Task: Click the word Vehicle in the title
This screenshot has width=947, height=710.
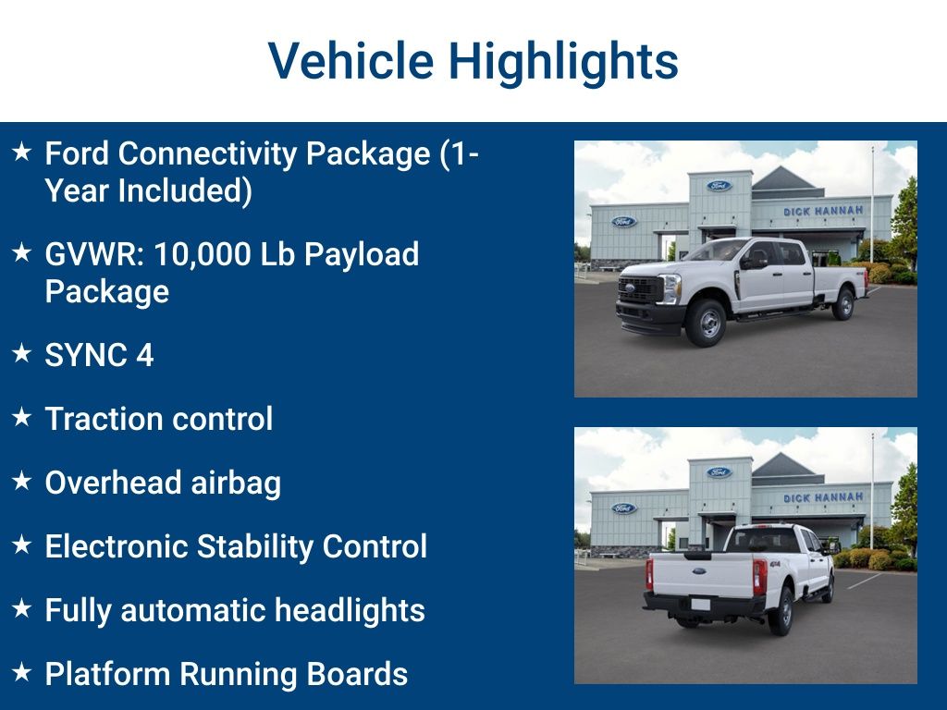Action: [x=351, y=61]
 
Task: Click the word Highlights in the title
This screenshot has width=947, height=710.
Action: [x=563, y=61]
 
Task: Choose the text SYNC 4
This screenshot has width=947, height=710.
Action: [x=99, y=355]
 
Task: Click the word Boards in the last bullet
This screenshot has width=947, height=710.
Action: [x=366, y=674]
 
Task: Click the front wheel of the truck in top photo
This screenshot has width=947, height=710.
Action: [x=707, y=322]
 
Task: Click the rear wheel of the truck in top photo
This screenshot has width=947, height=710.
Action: [x=842, y=303]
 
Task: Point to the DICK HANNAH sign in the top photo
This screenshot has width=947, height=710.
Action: [x=823, y=211]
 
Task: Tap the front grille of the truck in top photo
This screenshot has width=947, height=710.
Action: [x=640, y=289]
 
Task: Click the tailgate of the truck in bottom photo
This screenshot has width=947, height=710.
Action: [x=703, y=574]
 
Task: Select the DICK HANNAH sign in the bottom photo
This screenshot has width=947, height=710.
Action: [x=823, y=497]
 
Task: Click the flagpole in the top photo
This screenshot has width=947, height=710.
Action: [x=871, y=203]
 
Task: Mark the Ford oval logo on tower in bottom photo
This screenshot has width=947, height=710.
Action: [x=719, y=472]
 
